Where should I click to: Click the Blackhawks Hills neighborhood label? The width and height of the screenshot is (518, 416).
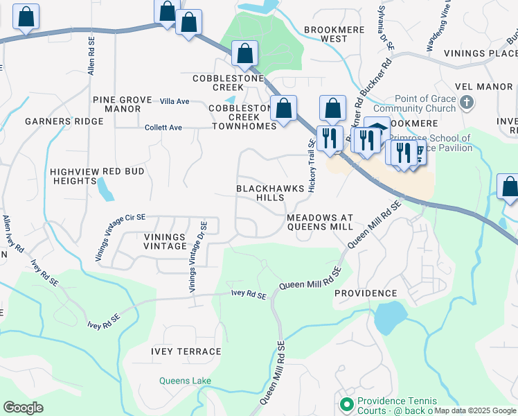coord(260,193)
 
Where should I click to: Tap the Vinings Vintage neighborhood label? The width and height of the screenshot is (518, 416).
coord(165,241)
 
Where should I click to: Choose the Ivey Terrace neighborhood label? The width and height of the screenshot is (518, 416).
coord(186,352)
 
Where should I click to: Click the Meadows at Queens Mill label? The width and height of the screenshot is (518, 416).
coord(320,222)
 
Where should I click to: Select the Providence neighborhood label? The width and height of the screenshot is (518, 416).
coord(366,293)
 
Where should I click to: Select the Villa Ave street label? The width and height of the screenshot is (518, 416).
coord(175,101)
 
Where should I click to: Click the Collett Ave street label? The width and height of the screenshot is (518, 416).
coord(163,128)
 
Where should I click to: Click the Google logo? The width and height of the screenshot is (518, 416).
coord(23,408)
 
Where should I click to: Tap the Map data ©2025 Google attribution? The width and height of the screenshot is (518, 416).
coord(475,410)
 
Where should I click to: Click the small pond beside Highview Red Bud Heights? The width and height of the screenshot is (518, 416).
coord(105,189)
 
